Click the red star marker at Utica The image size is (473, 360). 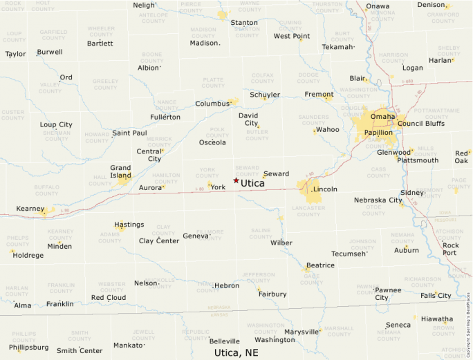(236, 180)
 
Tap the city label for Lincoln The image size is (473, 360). (325, 189)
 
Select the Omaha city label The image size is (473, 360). (383, 116)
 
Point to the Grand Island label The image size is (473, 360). (120, 171)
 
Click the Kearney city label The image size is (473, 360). (30, 208)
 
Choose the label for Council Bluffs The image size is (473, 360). (421, 124)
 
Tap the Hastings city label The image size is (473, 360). (129, 225)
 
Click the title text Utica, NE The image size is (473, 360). (236, 352)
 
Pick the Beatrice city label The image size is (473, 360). (320, 265)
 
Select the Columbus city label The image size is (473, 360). (212, 104)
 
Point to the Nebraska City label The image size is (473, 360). (378, 200)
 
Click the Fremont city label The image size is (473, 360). (319, 95)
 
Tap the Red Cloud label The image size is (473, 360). (109, 298)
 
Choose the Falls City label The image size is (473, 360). (436, 296)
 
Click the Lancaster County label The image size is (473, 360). (308, 210)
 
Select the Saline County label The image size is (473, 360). (261, 233)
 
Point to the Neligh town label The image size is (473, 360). (144, 6)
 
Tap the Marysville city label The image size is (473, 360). (302, 332)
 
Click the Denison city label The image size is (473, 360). (431, 5)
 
